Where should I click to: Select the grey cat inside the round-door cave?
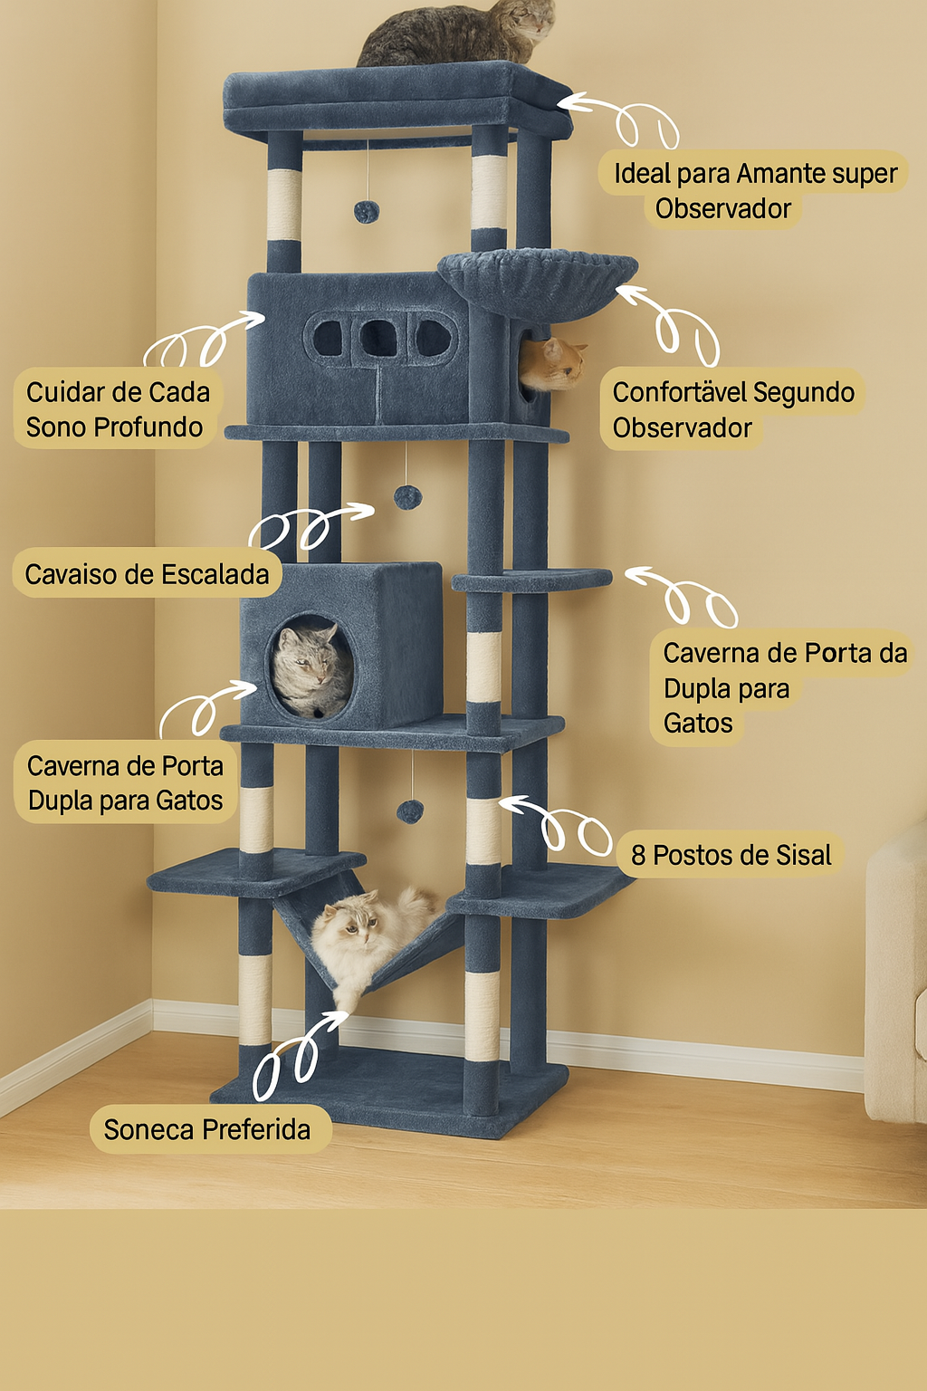coord(311,669)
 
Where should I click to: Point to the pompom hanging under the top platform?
coord(367,212)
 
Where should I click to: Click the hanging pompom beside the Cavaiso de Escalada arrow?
coord(407,497)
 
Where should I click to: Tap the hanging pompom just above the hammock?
coord(410,811)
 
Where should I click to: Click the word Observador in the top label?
coord(722,208)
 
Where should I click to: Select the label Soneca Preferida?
coord(206,1129)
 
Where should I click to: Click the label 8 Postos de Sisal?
coord(731,855)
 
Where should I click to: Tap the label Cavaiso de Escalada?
coord(148,574)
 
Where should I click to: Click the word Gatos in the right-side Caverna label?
coord(698,723)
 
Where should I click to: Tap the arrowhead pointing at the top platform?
coord(569,101)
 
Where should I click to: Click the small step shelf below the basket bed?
coord(531,580)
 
